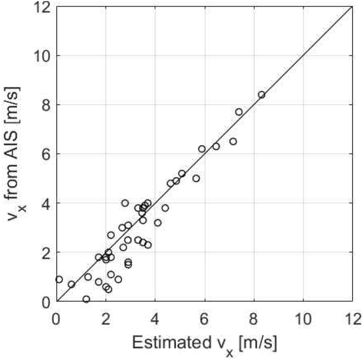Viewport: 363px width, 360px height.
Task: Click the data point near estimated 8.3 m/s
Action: (261, 95)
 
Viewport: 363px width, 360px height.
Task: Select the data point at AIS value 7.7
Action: (239, 112)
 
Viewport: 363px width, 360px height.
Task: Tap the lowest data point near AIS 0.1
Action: (86, 299)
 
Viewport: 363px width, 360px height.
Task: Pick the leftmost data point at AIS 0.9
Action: (59, 279)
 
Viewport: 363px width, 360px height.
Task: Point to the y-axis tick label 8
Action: (46, 105)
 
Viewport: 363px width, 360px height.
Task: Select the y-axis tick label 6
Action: (46, 154)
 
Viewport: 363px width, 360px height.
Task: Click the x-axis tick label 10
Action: (304, 317)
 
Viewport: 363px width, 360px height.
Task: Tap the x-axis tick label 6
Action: (205, 317)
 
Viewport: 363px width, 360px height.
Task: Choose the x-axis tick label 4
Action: (155, 317)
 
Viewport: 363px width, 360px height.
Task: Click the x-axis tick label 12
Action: (353, 317)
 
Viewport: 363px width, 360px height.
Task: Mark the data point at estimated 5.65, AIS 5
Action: (196, 178)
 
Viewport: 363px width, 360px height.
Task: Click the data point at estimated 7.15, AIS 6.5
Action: (233, 141)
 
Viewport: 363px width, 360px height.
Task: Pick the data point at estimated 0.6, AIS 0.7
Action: (71, 284)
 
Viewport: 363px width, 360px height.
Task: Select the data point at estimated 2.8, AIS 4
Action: (125, 203)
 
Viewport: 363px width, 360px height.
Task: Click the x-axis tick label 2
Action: (106, 317)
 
